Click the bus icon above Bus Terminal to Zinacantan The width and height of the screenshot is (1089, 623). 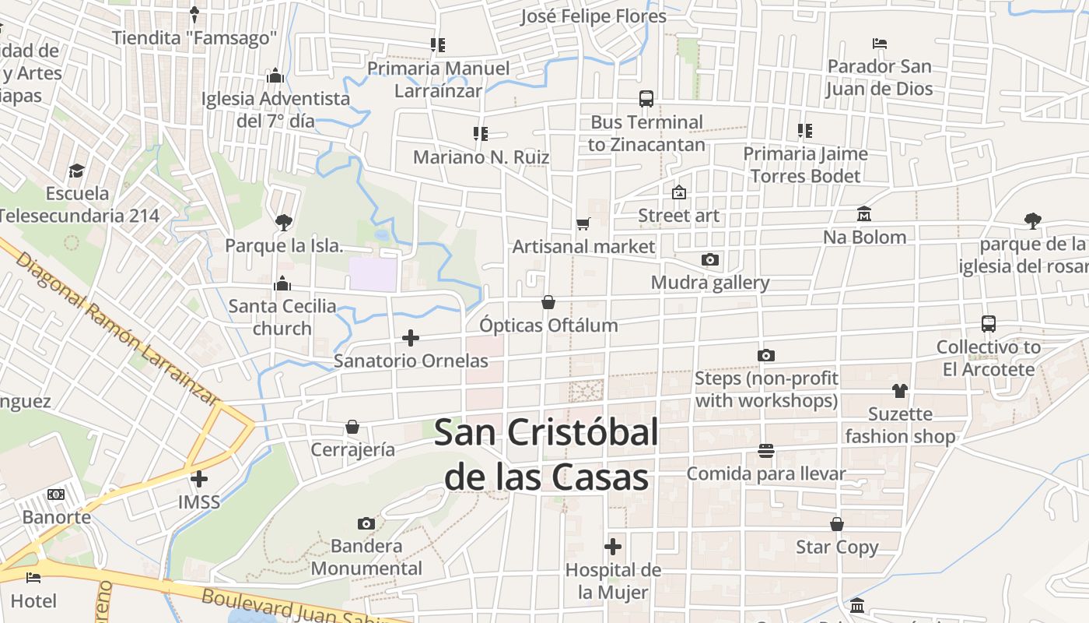pyautogui.click(x=646, y=99)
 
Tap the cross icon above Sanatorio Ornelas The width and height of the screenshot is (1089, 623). pyautogui.click(x=411, y=338)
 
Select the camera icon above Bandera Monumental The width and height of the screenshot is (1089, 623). pyautogui.click(x=366, y=523)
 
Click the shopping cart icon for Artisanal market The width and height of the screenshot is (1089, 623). pyautogui.click(x=583, y=224)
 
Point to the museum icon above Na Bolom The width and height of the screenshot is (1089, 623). pyautogui.click(x=864, y=214)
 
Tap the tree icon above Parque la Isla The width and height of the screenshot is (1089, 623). pyautogui.click(x=284, y=223)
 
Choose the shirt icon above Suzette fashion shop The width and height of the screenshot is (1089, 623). pyautogui.click(x=900, y=391)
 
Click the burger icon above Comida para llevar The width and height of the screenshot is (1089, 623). pyautogui.click(x=766, y=451)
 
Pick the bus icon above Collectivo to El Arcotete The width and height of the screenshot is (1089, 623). pyautogui.click(x=989, y=324)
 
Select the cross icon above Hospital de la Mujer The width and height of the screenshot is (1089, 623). pyautogui.click(x=613, y=547)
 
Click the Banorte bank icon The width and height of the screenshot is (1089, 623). pyautogui.click(x=56, y=495)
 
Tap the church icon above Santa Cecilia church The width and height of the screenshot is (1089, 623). pyautogui.click(x=282, y=283)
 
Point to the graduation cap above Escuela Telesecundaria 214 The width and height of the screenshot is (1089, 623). pyautogui.click(x=76, y=171)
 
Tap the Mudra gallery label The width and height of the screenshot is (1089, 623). pyautogui.click(x=710, y=283)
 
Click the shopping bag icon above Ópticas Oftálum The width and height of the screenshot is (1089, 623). pyautogui.click(x=548, y=302)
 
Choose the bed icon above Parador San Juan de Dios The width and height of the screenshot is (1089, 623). pyautogui.click(x=880, y=44)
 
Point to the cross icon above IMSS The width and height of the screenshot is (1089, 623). pyautogui.click(x=199, y=479)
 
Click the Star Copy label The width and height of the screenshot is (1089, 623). pyautogui.click(x=837, y=547)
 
